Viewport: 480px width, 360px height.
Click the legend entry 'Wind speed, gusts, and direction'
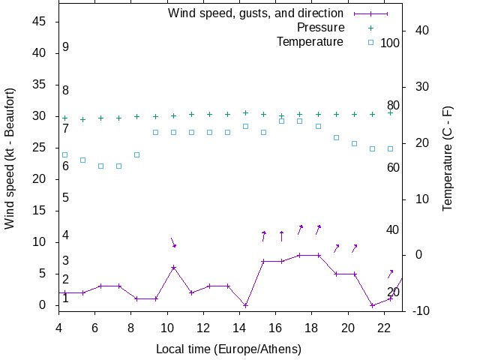pyautogui.click(x=255, y=13)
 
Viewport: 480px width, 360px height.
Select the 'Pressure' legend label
pyautogui.click(x=320, y=28)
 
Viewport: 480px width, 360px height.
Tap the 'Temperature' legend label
pyautogui.click(x=310, y=42)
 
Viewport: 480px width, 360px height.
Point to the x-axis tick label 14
pyautogui.click(x=239, y=328)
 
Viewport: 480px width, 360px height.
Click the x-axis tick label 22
pyautogui.click(x=384, y=328)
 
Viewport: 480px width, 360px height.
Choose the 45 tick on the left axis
pyautogui.click(x=41, y=22)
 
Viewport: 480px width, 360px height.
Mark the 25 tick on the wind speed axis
pyautogui.click(x=41, y=148)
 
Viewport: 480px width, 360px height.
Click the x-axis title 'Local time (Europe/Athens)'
pyautogui.click(x=228, y=349)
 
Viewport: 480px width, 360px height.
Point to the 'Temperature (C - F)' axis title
pyautogui.click(x=448, y=158)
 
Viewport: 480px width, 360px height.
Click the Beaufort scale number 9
pyautogui.click(x=66, y=47)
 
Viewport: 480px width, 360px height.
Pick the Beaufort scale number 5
pyautogui.click(x=66, y=198)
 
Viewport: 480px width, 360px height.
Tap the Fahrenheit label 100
pyautogui.click(x=390, y=43)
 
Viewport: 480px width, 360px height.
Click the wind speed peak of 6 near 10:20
pyautogui.click(x=173, y=268)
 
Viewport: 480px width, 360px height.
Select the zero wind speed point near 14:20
pyautogui.click(x=245, y=305)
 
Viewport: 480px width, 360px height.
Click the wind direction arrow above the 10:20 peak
pyautogui.click(x=173, y=242)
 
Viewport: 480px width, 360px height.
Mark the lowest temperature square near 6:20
pyautogui.click(x=101, y=166)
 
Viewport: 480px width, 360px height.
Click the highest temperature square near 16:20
pyautogui.click(x=281, y=121)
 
